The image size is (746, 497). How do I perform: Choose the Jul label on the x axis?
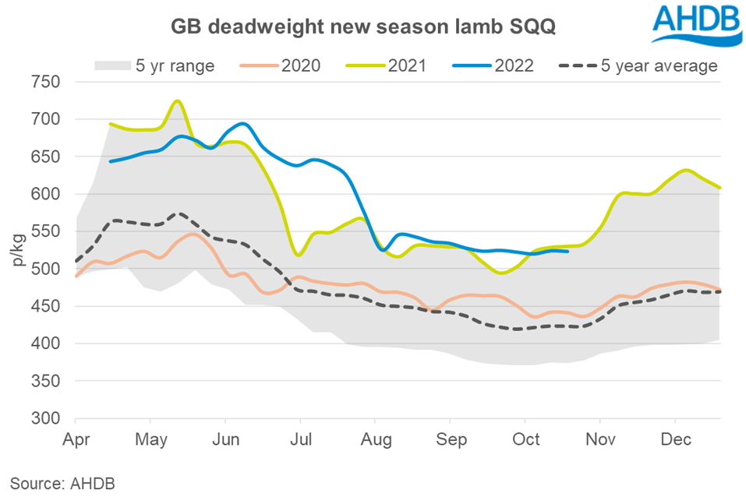(300, 439)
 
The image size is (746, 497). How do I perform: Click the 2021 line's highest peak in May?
(177, 100)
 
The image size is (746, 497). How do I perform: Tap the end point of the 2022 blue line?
(568, 251)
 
